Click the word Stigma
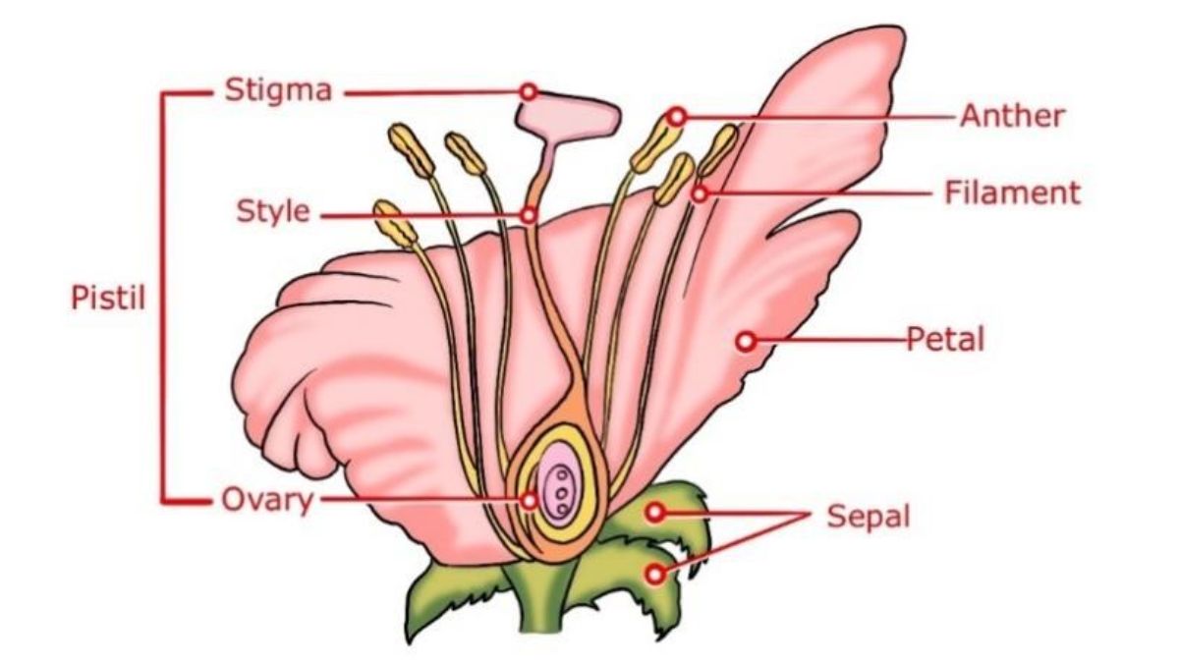[278, 91]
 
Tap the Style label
[273, 211]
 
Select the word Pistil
[108, 298]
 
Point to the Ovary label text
[267, 500]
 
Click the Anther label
[1012, 116]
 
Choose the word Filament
[1013, 193]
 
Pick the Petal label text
[945, 339]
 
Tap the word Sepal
[868, 516]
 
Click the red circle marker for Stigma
[529, 92]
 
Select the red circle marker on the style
[529, 215]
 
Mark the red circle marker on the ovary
[529, 500]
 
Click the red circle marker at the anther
[677, 117]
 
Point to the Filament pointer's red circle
[699, 194]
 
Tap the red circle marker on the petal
[746, 342]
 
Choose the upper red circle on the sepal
[654, 512]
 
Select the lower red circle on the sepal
[655, 574]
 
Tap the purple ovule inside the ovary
[558, 483]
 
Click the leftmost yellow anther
[395, 224]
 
